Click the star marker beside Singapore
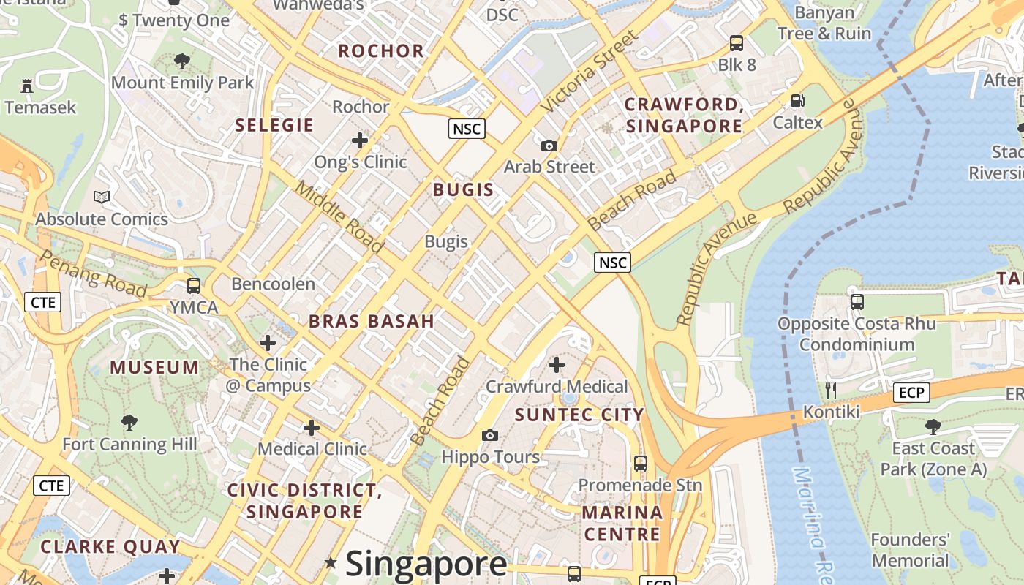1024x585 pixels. (331, 562)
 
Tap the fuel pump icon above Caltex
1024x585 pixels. (797, 102)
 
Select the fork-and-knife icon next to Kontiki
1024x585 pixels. (830, 390)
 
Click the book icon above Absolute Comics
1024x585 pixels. (102, 197)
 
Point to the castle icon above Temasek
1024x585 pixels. (27, 86)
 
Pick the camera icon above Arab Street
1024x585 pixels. (549, 146)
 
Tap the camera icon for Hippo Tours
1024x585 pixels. (489, 436)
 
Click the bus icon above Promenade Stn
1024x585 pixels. (640, 463)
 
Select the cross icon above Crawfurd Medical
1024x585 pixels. (557, 364)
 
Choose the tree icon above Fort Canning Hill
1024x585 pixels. (129, 422)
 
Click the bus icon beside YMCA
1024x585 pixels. (194, 286)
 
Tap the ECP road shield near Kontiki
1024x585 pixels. (911, 393)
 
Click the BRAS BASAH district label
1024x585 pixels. (372, 321)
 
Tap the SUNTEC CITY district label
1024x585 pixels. (579, 415)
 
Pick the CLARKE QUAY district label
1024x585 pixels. (110, 546)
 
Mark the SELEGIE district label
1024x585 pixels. (274, 125)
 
